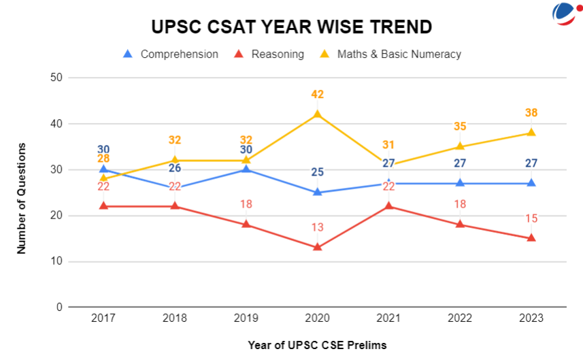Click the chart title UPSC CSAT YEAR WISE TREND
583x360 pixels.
[291, 27]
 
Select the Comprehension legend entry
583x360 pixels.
[171, 54]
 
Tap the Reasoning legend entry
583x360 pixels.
[269, 54]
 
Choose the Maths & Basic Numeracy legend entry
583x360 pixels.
[391, 54]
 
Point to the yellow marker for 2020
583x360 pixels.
[317, 114]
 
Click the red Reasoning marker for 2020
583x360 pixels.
[317, 247]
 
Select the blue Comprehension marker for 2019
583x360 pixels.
[246, 169]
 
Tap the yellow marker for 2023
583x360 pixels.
[531, 133]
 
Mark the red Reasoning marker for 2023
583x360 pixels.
[531, 238]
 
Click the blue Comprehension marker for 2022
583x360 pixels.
[460, 183]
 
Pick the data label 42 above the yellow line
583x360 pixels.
[317, 95]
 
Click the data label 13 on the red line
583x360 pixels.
[317, 227]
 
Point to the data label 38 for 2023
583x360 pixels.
[531, 113]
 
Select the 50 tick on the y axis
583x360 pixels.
[56, 78]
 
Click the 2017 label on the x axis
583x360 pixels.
[103, 318]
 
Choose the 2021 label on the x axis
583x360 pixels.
[388, 318]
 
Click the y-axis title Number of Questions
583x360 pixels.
[22, 198]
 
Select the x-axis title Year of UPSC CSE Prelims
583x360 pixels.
[317, 345]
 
